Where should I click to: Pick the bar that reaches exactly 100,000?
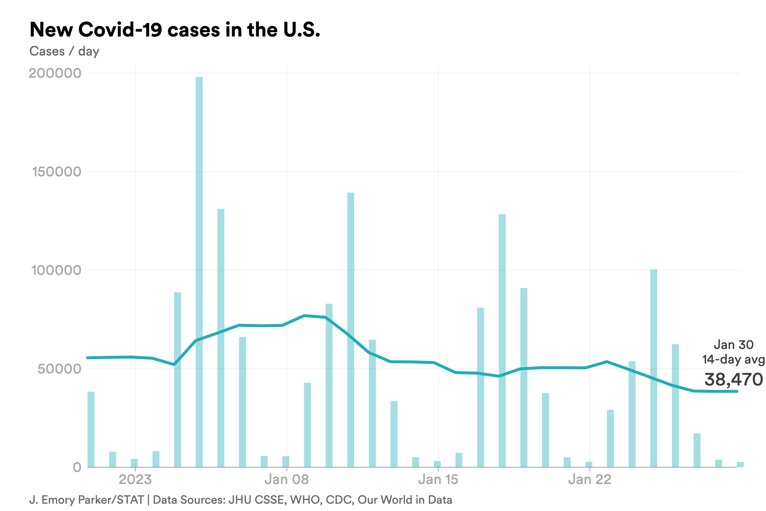pyautogui.click(x=654, y=369)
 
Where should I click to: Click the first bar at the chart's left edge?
pyautogui.click(x=91, y=429)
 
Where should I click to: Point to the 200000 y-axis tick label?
pyautogui.click(x=55, y=73)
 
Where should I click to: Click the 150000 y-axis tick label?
pyautogui.click(x=57, y=172)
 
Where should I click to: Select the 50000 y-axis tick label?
pyautogui.click(x=59, y=369)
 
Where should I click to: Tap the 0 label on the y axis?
pyautogui.click(x=77, y=467)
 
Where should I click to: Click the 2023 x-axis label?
pyautogui.click(x=135, y=479)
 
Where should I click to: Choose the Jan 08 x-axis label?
pyautogui.click(x=287, y=479)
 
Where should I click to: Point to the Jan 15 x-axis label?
pyautogui.click(x=438, y=479)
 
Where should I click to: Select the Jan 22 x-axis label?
pyautogui.click(x=589, y=479)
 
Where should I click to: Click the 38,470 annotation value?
pyautogui.click(x=733, y=380)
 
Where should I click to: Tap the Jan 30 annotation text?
pyautogui.click(x=733, y=345)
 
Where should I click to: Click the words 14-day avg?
pyautogui.click(x=733, y=360)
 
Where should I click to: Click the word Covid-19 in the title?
pyautogui.click(x=120, y=30)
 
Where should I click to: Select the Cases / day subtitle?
pyautogui.click(x=64, y=51)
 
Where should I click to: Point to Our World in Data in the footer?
pyautogui.click(x=405, y=500)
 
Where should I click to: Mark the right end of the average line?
pyautogui.click(x=737, y=391)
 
